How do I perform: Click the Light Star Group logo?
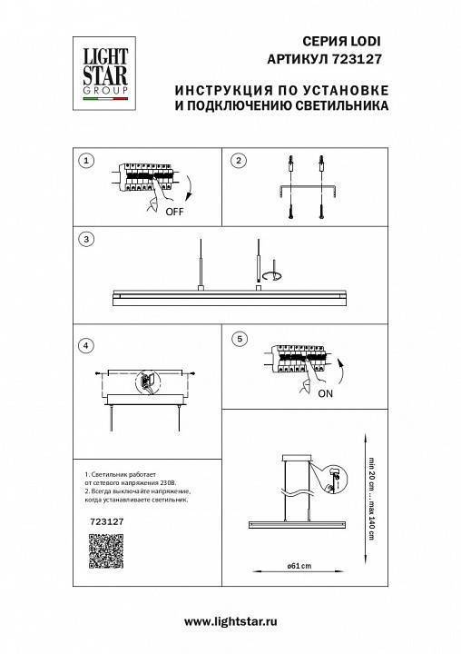[100, 69]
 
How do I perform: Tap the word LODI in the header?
[364, 41]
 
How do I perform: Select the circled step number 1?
[85, 161]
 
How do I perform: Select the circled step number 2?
[239, 161]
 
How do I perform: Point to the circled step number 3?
[85, 241]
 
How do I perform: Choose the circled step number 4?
[85, 345]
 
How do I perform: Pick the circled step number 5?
[239, 339]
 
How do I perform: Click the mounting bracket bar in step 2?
[306, 188]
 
